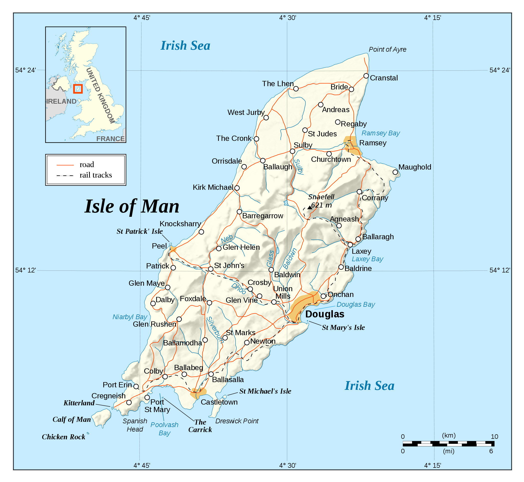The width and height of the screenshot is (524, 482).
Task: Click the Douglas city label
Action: [324, 314]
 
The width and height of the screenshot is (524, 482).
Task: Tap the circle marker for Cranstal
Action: [366, 76]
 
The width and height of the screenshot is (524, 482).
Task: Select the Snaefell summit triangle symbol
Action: [310, 207]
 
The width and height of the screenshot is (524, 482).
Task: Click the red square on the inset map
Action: [78, 89]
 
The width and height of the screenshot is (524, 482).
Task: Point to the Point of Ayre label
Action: [387, 49]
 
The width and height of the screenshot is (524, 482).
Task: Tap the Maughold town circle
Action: [395, 172]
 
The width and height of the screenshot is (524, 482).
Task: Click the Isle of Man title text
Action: [132, 206]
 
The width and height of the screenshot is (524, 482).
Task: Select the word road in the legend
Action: [87, 165]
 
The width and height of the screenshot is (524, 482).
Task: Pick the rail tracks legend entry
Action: [95, 175]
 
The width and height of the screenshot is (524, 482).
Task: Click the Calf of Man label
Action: [72, 419]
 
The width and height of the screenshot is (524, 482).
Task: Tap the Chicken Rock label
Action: [63, 437]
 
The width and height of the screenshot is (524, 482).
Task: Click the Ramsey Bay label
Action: [381, 133]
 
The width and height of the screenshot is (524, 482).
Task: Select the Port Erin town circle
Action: [136, 387]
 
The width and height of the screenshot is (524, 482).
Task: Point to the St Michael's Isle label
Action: [265, 391]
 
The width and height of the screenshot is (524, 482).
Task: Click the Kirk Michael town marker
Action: [237, 188]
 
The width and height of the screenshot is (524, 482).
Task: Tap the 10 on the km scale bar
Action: [494, 437]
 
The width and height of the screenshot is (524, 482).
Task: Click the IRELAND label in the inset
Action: [61, 101]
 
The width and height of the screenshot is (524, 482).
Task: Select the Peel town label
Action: [159, 246]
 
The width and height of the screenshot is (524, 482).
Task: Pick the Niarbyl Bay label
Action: [130, 317]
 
